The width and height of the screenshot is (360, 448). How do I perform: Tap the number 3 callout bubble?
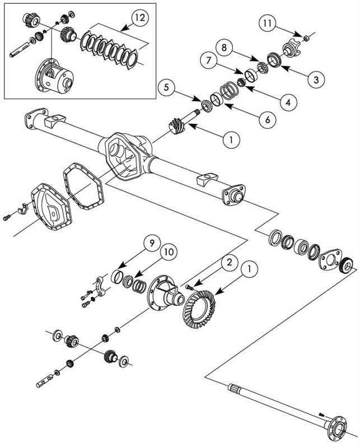pyautogui.click(x=316, y=79)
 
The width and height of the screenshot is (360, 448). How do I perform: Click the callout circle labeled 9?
pyautogui.click(x=150, y=243)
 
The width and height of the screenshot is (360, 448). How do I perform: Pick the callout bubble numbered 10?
pyautogui.click(x=167, y=253)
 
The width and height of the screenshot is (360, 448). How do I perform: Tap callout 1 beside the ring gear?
pyautogui.click(x=250, y=270)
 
